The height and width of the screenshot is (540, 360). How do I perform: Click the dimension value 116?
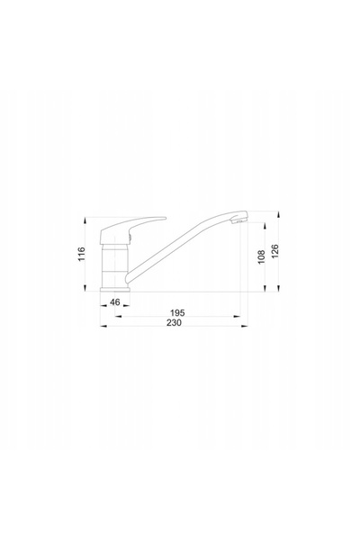[x=81, y=254]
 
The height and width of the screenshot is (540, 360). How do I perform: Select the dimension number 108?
[x=261, y=256]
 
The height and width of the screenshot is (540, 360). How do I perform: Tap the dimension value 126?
[x=274, y=251]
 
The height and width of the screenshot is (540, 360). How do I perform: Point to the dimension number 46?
[x=114, y=302]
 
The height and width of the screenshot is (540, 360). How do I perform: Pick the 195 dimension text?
[x=177, y=313]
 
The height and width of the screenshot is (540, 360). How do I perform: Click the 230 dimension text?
[x=174, y=323]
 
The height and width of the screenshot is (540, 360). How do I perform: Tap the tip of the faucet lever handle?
[x=165, y=218]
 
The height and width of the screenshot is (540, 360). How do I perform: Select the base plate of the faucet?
[x=115, y=290]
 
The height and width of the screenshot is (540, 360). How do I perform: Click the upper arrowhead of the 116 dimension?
[x=85, y=220]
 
